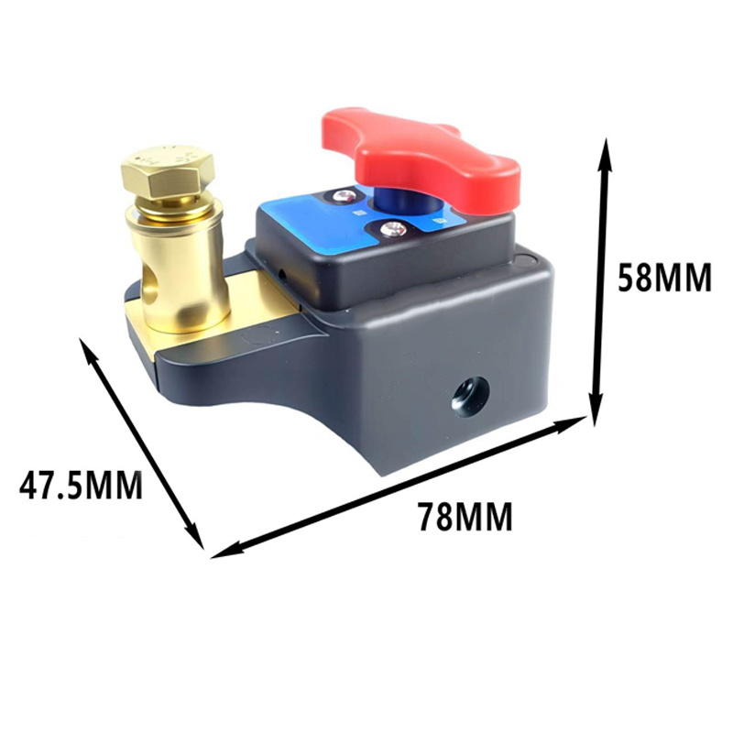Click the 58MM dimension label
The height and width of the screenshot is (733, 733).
(664, 277)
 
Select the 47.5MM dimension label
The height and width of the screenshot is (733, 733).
(82, 485)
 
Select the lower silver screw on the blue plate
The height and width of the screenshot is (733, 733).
(393, 229)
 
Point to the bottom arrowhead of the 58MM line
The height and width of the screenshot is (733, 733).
(597, 414)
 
